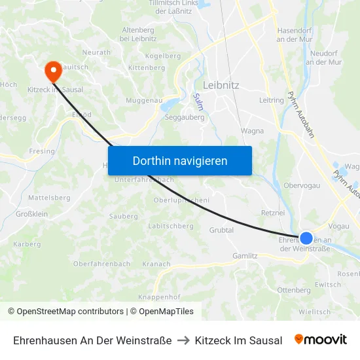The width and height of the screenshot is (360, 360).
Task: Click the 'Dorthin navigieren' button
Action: point(180,160)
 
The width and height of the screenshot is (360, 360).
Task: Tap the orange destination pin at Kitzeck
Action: point(52,69)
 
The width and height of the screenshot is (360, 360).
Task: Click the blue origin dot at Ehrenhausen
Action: point(306,238)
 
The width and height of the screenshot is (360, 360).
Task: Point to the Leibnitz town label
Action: point(221,85)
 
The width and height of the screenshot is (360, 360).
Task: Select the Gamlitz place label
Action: point(245,256)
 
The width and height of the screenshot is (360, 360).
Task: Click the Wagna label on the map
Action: point(252,131)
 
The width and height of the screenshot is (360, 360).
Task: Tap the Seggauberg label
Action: point(185,118)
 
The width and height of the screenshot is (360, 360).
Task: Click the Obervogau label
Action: point(301,185)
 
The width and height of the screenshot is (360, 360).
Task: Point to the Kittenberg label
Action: point(147,67)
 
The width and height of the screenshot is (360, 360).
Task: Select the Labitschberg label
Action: point(171,226)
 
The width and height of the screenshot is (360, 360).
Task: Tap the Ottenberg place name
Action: point(294,290)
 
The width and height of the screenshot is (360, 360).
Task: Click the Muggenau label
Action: point(143,101)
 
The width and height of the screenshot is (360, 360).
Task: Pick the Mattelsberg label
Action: point(49,197)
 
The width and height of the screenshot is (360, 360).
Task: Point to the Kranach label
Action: point(156,264)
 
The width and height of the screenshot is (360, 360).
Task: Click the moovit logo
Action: point(321,340)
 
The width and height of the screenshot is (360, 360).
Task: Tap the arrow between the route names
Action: point(183,340)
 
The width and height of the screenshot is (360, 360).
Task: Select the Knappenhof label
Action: point(159,297)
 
